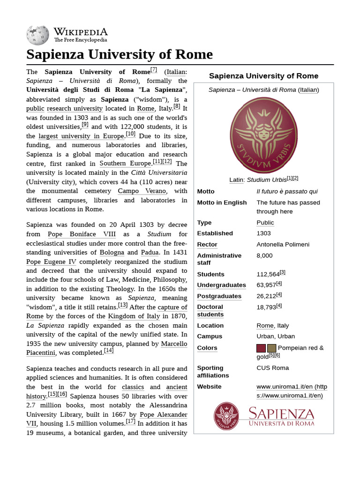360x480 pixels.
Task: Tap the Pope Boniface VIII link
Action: [82, 234]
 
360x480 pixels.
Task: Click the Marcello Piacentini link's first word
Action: [174, 344]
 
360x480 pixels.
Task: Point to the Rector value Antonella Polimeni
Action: [283, 244]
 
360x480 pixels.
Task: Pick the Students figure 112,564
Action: [268, 274]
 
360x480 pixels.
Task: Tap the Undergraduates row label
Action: [221, 285]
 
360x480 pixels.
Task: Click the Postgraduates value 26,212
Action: [266, 296]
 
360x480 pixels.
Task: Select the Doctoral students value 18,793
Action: [266, 307]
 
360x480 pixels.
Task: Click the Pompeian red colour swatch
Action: [261, 348]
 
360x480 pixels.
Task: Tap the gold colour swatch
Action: [272, 348]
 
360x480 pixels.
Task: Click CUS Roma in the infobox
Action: [272, 368]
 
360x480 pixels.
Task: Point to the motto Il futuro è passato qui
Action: [287, 191]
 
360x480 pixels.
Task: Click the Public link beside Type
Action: [265, 223]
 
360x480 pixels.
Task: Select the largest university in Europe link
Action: [81, 136]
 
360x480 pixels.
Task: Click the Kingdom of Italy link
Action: [134, 316]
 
